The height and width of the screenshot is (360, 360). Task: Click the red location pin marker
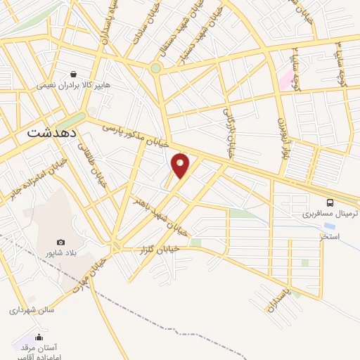tap(181, 166)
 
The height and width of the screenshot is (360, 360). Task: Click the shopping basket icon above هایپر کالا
tap(74, 73)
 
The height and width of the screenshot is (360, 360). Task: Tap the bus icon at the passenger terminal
tap(330, 199)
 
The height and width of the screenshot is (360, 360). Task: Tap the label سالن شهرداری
tap(31, 309)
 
